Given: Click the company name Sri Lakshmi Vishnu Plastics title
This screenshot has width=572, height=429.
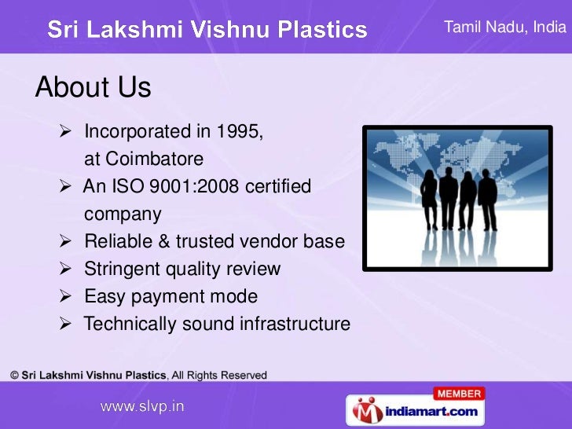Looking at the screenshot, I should point(207,31).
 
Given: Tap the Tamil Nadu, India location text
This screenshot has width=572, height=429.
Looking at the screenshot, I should point(504,27).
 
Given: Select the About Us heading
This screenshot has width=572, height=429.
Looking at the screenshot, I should point(93,88).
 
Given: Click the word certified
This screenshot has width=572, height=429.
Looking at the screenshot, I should point(279,187).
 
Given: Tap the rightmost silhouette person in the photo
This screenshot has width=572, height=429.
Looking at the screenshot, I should point(488,196).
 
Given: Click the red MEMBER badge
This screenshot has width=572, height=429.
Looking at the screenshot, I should point(458,393).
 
